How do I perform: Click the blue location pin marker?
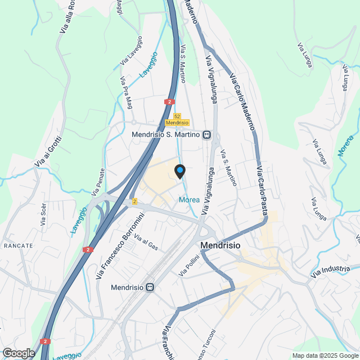tap(180, 171)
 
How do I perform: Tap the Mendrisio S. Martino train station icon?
tap(207, 135)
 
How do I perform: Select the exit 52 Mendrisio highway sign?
tap(177, 119)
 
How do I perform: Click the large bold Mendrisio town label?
tap(220, 246)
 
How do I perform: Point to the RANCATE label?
tap(19, 246)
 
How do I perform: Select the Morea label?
tap(189, 200)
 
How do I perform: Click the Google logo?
tap(18, 353)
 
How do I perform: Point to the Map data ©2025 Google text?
tap(325, 355)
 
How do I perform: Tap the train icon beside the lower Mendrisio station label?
tap(150, 287)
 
